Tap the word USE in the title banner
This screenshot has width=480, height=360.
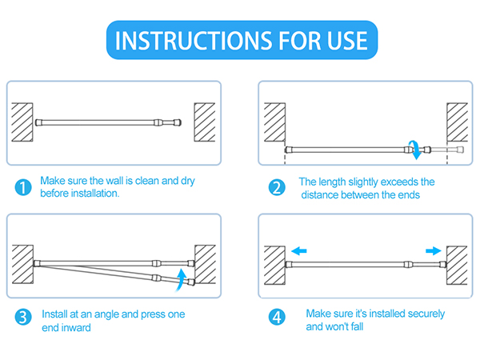(347, 41)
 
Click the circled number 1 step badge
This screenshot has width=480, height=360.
(23, 187)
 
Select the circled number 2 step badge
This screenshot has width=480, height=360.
(277, 187)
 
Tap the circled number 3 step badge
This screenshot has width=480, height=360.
(23, 317)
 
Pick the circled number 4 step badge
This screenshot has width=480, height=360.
(277, 317)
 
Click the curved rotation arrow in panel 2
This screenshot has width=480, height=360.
(417, 150)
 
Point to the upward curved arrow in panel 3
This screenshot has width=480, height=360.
(182, 280)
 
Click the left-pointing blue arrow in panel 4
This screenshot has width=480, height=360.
(298, 251)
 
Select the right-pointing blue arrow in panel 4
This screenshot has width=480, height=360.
(434, 251)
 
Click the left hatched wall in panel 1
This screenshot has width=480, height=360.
(22, 122)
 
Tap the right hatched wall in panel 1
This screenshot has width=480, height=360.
(205, 122)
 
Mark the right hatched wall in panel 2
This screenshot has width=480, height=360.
(457, 122)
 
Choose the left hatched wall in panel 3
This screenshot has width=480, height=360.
(22, 264)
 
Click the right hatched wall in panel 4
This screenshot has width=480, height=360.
(457, 265)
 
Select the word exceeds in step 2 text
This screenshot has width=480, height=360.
(399, 182)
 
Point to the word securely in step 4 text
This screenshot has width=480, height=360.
(426, 314)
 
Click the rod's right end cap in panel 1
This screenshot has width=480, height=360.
(178, 122)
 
